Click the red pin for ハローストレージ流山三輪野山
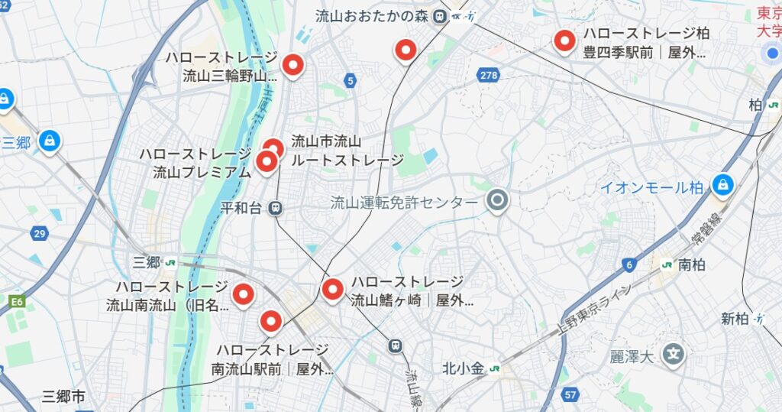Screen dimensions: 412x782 [292, 65]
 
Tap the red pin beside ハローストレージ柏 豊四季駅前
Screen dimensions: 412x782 [564, 40]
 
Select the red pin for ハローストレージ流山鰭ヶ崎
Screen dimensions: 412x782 [332, 289]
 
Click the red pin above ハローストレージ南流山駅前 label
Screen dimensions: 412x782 [270, 321]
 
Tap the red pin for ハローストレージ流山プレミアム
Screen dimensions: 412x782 [266, 161]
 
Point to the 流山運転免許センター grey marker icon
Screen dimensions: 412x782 [498, 201]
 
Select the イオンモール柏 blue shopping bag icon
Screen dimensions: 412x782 [722, 184]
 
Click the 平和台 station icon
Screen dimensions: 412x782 [276, 207]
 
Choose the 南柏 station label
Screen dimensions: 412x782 [692, 265]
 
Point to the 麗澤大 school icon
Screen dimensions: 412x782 [673, 353]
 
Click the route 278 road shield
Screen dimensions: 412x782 [490, 74]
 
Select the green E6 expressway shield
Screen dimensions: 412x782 [17, 302]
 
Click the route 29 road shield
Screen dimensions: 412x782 [39, 232]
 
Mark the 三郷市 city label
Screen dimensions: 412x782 [63, 396]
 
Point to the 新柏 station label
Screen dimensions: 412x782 [735, 319]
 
